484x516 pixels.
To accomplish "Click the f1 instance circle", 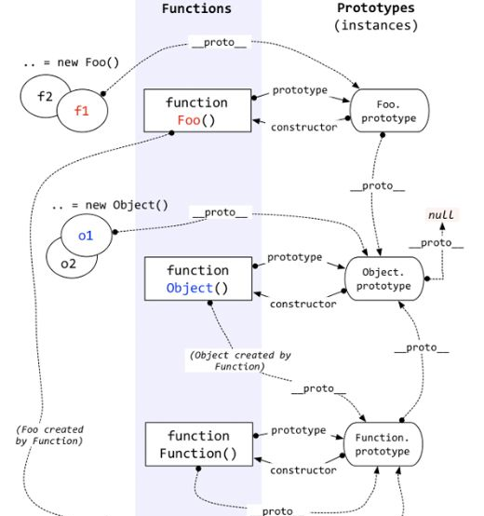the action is coord(82,111).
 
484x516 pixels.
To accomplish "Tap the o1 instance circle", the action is coord(87,235).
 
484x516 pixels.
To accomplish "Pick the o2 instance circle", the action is coord(66,265).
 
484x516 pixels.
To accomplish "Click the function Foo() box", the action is coord(197,111).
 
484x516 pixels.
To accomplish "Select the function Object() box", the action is coord(198,278).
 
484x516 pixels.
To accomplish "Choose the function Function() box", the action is coord(199,444).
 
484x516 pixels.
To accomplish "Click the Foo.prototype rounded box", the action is coord(390,111).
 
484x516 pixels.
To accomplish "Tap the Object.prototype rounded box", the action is coord(384,278).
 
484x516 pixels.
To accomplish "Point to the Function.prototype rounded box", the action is coord(383,444).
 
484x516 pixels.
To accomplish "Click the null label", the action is coord(441,215).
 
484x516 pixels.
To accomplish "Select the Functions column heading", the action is coord(196,8).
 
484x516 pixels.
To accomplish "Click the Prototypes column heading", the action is coord(376,7).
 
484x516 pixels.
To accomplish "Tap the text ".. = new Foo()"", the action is coord(72,62).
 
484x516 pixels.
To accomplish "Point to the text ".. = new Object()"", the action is coord(110,205).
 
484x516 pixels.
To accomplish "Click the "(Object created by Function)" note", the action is coord(240,360).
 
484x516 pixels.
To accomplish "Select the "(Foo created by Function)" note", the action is coord(49,435).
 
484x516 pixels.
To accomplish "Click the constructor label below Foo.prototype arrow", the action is coord(304,127).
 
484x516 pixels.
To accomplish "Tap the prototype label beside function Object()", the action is coord(295,257).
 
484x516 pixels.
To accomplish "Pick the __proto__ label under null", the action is coord(437,243).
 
